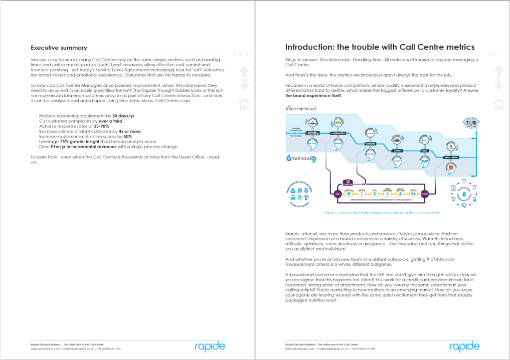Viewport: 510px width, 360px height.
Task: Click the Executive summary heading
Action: click(x=59, y=48)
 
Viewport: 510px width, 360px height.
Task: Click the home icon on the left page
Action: click(x=244, y=104)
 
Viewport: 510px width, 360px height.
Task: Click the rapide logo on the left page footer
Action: click(x=210, y=346)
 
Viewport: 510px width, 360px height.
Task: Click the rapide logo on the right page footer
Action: click(x=464, y=346)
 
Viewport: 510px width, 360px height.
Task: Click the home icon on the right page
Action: click(x=499, y=104)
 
